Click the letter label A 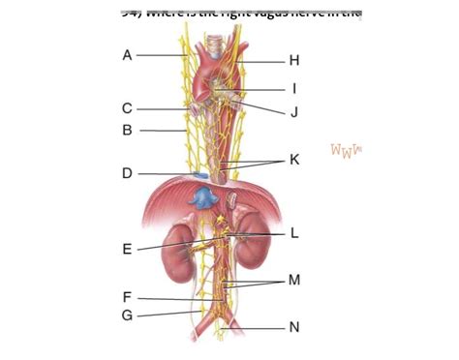127,55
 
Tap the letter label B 127,129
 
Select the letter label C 127,109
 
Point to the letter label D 127,174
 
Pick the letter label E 127,250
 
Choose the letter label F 127,298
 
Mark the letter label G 127,315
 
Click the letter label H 294,60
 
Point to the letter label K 294,159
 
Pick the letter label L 294,233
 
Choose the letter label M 294,280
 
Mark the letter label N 294,327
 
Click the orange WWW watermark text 346,150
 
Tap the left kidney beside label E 178,249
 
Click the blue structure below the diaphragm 201,199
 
